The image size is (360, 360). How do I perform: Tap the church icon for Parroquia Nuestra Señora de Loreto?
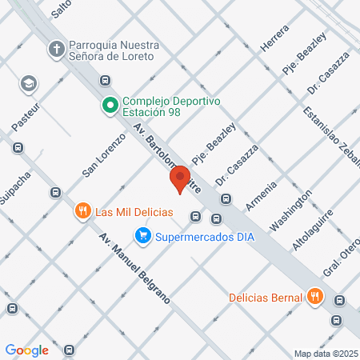point(57,49)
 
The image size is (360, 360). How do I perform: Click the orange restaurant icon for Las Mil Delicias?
point(82,212)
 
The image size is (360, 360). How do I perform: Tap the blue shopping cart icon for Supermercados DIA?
point(142,235)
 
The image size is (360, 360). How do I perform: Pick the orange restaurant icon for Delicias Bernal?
point(315,297)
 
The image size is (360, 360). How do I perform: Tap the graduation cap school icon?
point(29,84)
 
